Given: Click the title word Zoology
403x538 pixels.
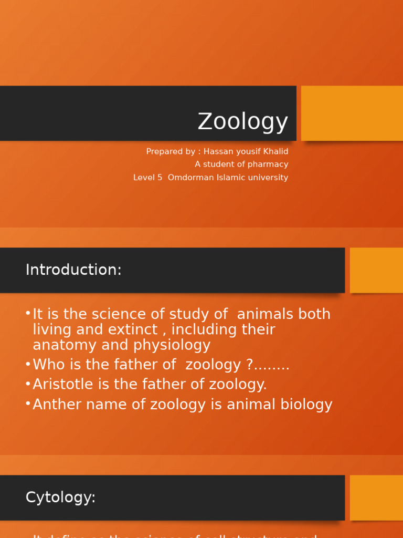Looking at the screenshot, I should point(242,122).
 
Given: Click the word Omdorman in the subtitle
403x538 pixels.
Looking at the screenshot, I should point(188,178).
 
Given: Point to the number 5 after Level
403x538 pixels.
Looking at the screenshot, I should point(160,178).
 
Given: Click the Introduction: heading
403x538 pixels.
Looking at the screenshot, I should point(73,270).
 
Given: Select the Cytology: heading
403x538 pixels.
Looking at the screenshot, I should point(60,498).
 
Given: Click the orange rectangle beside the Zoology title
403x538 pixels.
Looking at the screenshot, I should point(352,113).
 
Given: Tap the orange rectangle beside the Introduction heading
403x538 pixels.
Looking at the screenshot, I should point(376,270).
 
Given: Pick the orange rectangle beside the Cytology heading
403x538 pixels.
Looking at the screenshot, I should point(376,498).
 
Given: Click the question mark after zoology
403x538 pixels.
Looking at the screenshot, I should point(249,365).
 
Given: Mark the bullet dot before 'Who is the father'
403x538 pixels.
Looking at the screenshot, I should point(27,364).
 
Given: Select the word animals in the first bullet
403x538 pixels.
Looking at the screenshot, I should point(265,314).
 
